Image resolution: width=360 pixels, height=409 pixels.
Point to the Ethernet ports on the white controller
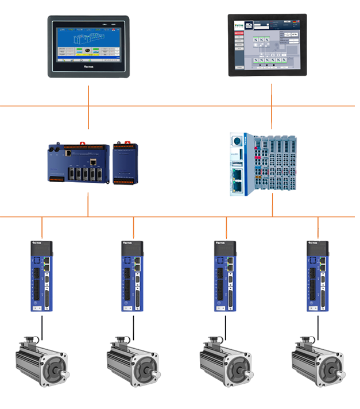[x=236, y=175]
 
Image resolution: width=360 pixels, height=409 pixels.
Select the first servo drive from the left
[x=42, y=276]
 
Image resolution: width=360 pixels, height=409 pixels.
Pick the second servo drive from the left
[x=132, y=276]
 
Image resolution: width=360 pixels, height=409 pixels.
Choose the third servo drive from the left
[x=224, y=276]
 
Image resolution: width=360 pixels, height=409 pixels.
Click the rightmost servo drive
[x=318, y=276]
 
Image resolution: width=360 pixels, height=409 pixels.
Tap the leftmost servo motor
[x=42, y=362]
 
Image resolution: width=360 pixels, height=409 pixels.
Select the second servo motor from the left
[x=133, y=362]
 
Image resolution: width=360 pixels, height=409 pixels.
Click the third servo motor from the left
[x=226, y=362]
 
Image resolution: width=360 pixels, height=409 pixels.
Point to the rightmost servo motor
[x=318, y=362]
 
